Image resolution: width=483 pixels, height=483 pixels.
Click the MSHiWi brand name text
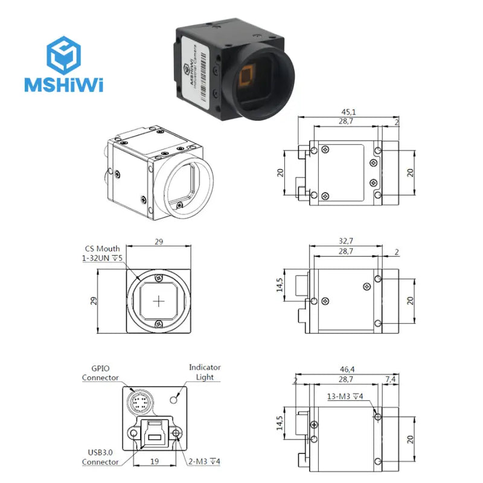click(x=63, y=85)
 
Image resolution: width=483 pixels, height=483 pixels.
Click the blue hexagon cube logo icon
click(x=63, y=53)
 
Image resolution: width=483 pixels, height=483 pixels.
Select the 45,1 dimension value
click(x=345, y=111)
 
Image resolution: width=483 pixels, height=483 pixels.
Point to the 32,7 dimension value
click(x=345, y=240)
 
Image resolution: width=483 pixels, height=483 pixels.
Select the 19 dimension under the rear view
click(x=155, y=462)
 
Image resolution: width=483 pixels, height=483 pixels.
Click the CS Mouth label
click(x=102, y=248)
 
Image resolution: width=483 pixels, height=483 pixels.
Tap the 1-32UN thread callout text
click(x=102, y=258)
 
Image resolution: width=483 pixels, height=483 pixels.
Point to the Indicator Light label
click(x=205, y=372)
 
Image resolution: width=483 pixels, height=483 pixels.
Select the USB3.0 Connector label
click(x=100, y=457)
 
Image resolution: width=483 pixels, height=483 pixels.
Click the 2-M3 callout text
click(x=205, y=462)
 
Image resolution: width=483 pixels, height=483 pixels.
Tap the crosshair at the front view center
click(x=159, y=301)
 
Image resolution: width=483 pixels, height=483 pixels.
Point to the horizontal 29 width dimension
click(x=159, y=241)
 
